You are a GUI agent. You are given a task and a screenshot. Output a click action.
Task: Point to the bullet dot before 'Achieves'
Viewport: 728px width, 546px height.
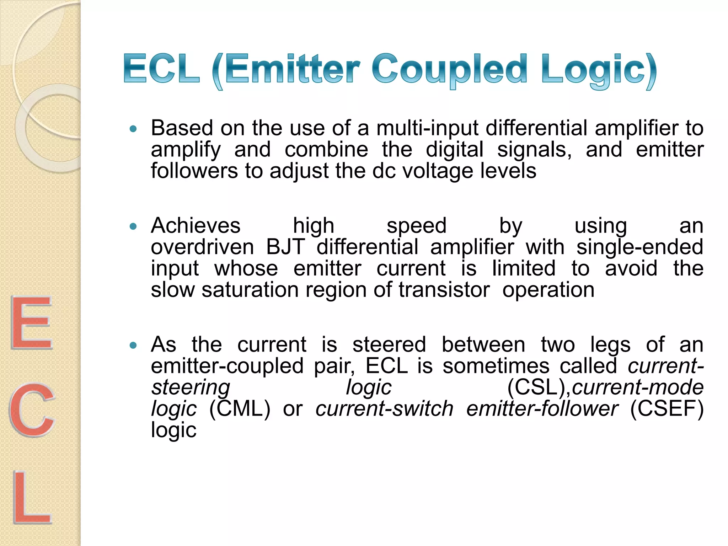click(x=133, y=226)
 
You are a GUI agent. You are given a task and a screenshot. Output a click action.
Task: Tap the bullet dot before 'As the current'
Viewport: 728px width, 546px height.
click(x=133, y=345)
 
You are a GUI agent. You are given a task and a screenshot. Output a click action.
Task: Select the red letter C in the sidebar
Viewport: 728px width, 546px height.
click(x=32, y=409)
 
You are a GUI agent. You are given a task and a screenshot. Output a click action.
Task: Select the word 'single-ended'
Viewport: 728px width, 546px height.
click(x=639, y=247)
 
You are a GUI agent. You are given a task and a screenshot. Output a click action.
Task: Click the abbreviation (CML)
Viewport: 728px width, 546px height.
click(x=240, y=409)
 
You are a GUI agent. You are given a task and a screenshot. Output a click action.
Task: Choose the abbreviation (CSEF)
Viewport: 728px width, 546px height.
click(x=667, y=409)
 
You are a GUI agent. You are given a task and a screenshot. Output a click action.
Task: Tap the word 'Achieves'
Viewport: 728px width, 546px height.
click(x=196, y=226)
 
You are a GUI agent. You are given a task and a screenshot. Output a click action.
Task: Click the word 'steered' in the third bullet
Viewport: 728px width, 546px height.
click(x=389, y=344)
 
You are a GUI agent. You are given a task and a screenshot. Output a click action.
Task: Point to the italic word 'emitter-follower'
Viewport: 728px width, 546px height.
click(x=542, y=409)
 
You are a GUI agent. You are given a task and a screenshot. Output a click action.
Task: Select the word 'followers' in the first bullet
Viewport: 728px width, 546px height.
click(x=194, y=171)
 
